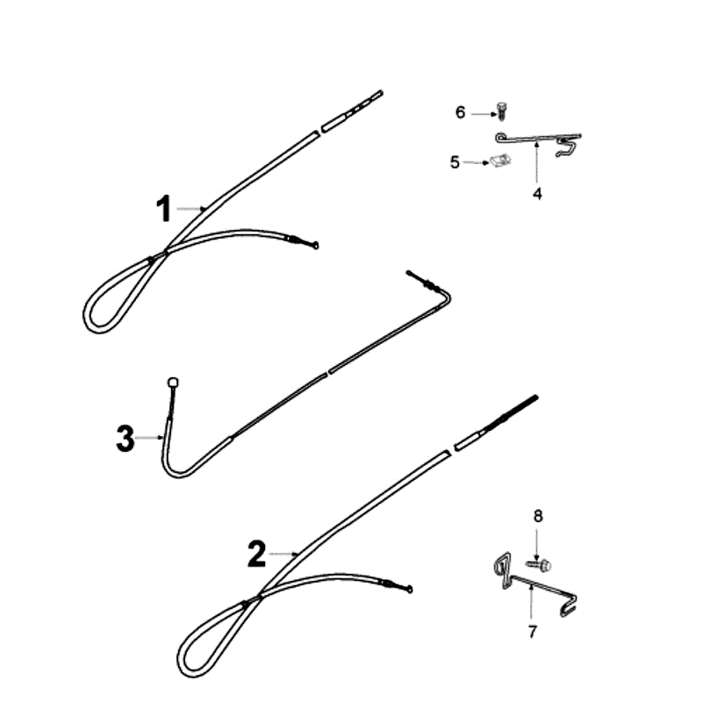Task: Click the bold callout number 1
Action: click(x=164, y=209)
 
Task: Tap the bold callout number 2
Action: click(x=256, y=554)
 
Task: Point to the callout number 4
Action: click(x=537, y=194)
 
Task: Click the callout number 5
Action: click(x=455, y=162)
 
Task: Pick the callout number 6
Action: click(x=460, y=112)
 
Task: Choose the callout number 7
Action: click(x=533, y=632)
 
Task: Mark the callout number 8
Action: click(x=538, y=516)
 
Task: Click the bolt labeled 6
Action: click(x=501, y=111)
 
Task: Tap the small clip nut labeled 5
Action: click(x=501, y=160)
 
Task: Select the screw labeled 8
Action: click(x=539, y=565)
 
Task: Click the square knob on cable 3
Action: click(x=173, y=383)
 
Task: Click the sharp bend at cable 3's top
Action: click(x=448, y=297)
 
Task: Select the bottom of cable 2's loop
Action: click(x=191, y=675)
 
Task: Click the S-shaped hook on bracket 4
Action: click(x=565, y=147)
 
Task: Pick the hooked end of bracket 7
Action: click(x=569, y=606)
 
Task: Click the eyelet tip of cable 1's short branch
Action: click(x=316, y=245)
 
